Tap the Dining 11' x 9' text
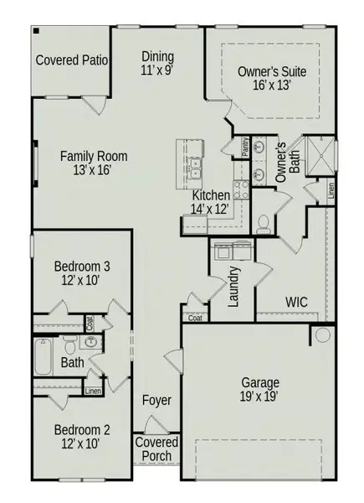(x=157, y=64)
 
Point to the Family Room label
(x=93, y=162)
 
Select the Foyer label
(x=156, y=401)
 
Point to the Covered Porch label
(x=156, y=449)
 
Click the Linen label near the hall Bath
(x=94, y=391)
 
